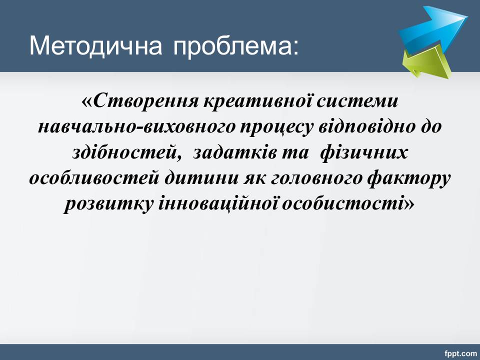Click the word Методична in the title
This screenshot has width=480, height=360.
95,46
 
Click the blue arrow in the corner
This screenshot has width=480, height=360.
433,29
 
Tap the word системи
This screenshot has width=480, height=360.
357,101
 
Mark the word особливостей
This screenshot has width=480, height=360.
94,178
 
